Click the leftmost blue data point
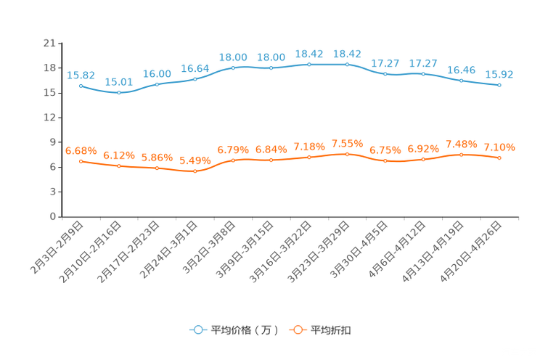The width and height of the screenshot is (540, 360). (81, 85)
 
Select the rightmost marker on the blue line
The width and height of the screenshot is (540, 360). (499, 85)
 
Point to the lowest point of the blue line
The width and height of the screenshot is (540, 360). (118, 93)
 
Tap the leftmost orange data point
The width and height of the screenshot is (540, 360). (81, 160)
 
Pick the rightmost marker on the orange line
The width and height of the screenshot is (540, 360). (499, 157)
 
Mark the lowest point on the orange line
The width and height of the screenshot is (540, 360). (195, 171)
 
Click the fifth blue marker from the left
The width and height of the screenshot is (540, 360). (233, 67)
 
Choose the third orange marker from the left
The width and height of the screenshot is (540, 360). (157, 168)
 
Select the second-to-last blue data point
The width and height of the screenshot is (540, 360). (462, 80)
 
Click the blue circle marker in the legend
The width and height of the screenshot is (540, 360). (197, 330)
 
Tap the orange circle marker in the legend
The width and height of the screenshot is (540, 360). (297, 330)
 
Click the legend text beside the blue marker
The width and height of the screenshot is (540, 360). (244, 330)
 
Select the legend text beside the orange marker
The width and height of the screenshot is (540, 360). (332, 330)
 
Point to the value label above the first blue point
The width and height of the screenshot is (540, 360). (81, 75)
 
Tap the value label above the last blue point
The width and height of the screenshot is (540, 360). (499, 74)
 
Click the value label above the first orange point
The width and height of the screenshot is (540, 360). (81, 150)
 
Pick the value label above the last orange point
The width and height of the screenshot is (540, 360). (499, 147)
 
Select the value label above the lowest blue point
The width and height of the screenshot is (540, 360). (118, 82)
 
